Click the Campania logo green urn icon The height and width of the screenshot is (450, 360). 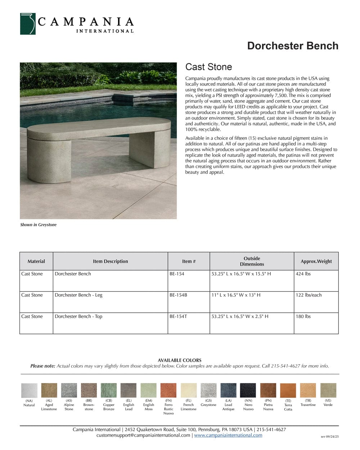28,24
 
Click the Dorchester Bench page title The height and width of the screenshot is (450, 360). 293,46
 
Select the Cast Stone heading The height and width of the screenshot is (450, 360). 208,67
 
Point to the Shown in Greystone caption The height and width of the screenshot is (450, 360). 38,225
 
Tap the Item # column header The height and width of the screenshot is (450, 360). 189,261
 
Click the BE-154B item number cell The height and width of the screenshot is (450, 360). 178,295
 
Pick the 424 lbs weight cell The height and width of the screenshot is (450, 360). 303,274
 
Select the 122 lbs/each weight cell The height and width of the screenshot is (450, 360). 309,295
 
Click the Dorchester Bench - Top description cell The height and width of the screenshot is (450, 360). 78,316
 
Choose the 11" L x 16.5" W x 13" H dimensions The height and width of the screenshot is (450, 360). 236,295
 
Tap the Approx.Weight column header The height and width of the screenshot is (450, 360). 316,261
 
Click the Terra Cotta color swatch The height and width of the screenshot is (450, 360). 288,390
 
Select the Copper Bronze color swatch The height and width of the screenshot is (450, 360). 109,390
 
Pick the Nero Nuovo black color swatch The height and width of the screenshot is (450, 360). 248,390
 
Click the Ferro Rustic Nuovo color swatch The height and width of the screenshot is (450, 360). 168,390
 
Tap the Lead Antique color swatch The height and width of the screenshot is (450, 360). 228,390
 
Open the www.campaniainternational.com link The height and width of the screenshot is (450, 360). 228,435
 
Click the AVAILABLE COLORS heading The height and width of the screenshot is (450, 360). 179,360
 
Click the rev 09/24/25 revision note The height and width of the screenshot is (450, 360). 329,437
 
